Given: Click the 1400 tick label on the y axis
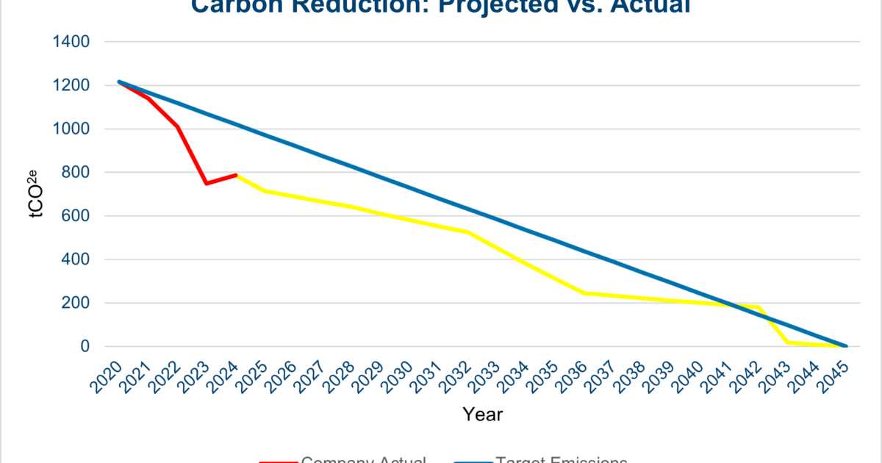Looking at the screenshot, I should click(71, 42).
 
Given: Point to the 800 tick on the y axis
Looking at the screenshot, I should click(76, 173).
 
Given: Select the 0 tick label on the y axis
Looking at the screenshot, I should click(85, 346).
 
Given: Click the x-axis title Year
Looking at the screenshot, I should click(483, 414).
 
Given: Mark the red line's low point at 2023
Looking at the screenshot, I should click(206, 183).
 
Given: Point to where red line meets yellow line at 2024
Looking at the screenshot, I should click(235, 175).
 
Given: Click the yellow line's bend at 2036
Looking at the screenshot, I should click(584, 293).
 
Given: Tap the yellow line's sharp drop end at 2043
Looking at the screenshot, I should click(787, 342).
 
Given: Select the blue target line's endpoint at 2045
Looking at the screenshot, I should click(846, 346).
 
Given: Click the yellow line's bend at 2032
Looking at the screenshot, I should click(467, 232).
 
